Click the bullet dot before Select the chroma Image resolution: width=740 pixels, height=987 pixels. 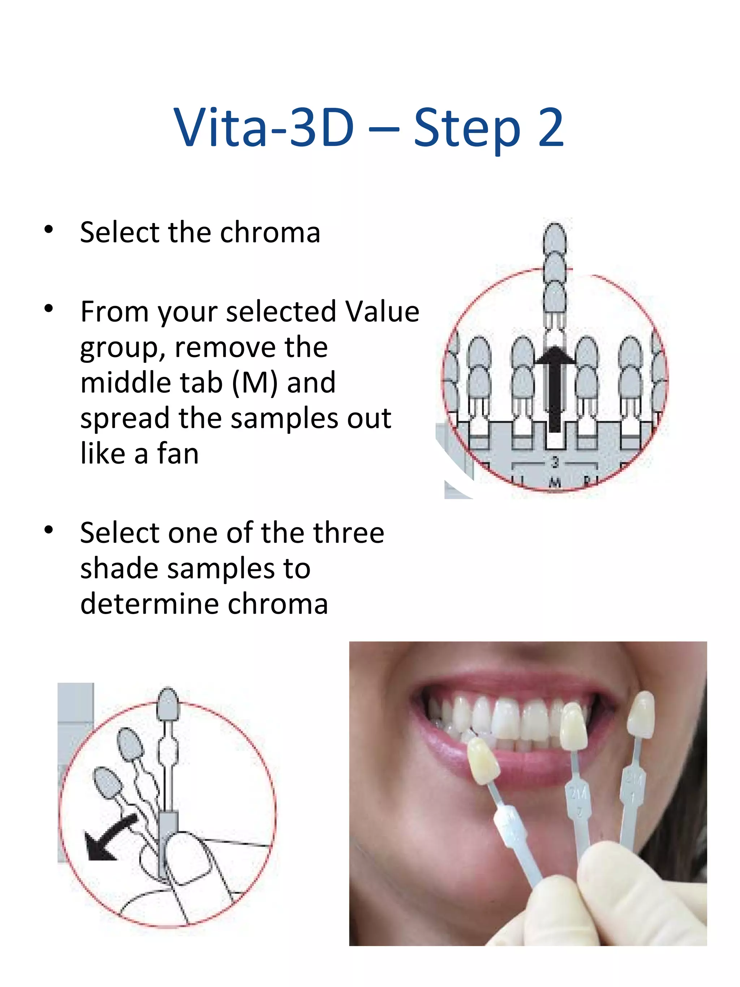click(49, 230)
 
